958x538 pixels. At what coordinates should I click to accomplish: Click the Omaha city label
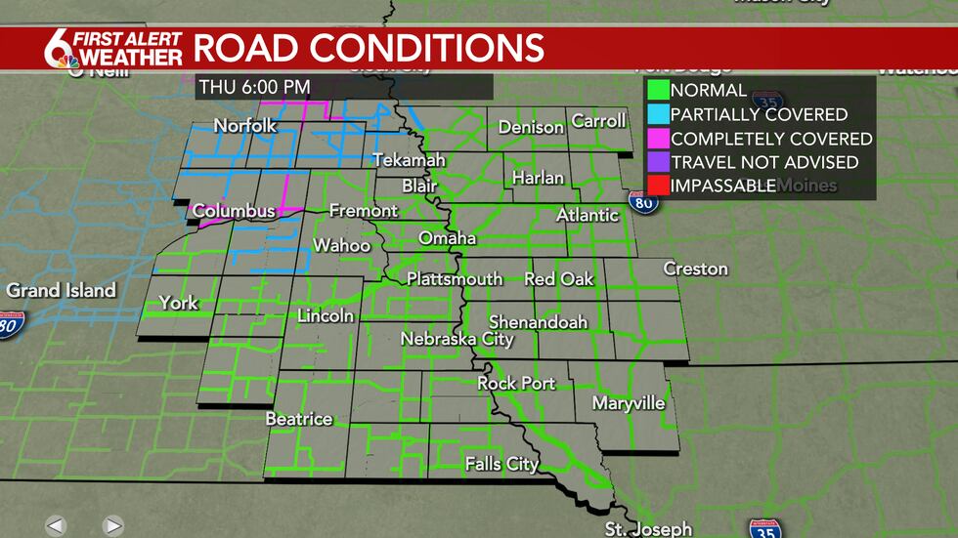pyautogui.click(x=447, y=238)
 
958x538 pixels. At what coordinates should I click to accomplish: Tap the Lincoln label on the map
pyautogui.click(x=325, y=316)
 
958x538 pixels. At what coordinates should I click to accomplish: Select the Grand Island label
pyautogui.click(x=61, y=290)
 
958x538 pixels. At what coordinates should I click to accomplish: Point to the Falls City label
pyautogui.click(x=501, y=464)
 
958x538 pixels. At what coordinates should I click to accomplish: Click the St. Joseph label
pyautogui.click(x=647, y=529)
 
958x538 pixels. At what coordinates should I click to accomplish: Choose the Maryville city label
pyautogui.click(x=629, y=403)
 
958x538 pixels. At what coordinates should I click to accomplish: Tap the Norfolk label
pyautogui.click(x=245, y=126)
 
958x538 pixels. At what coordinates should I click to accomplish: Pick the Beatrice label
pyautogui.click(x=299, y=419)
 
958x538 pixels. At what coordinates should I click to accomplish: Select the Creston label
pyautogui.click(x=695, y=269)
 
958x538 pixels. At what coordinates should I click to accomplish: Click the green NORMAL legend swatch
pyautogui.click(x=656, y=90)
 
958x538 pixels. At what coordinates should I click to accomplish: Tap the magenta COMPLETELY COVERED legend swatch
pyautogui.click(x=656, y=139)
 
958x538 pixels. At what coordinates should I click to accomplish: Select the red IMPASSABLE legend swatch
pyautogui.click(x=656, y=186)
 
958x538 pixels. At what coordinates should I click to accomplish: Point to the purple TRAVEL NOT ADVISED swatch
pyautogui.click(x=656, y=162)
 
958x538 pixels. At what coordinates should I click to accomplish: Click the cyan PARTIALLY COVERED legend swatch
pyautogui.click(x=656, y=114)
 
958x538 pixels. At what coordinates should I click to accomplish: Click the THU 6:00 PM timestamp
pyautogui.click(x=254, y=87)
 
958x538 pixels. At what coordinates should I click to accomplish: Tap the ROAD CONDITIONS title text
pyautogui.click(x=369, y=48)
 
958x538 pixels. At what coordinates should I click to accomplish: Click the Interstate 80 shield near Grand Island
pyautogui.click(x=11, y=323)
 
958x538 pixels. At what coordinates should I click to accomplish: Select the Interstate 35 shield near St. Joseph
pyautogui.click(x=764, y=528)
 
